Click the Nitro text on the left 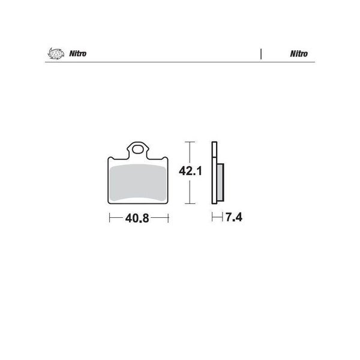click(78, 54)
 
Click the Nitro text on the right click(299, 54)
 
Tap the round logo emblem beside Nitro click(56, 54)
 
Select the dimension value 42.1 click(190, 171)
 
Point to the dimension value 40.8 click(137, 218)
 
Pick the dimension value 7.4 click(234, 217)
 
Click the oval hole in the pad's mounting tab click(137, 150)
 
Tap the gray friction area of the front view click(138, 183)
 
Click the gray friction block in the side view click(220, 182)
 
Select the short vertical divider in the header click(261, 54)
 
